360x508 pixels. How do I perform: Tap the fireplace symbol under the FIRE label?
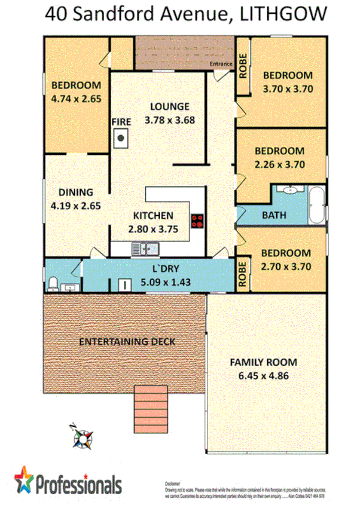121,139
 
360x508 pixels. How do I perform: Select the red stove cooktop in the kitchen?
197,221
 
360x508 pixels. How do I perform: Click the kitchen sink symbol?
144,246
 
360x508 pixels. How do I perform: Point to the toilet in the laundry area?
53,283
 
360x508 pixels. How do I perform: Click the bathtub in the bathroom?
317,206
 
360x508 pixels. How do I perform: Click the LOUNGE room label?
170,106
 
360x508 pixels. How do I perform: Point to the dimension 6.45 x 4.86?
263,375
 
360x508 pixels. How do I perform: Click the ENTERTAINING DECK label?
127,342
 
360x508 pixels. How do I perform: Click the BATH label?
274,215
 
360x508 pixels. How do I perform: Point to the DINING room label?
75,192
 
